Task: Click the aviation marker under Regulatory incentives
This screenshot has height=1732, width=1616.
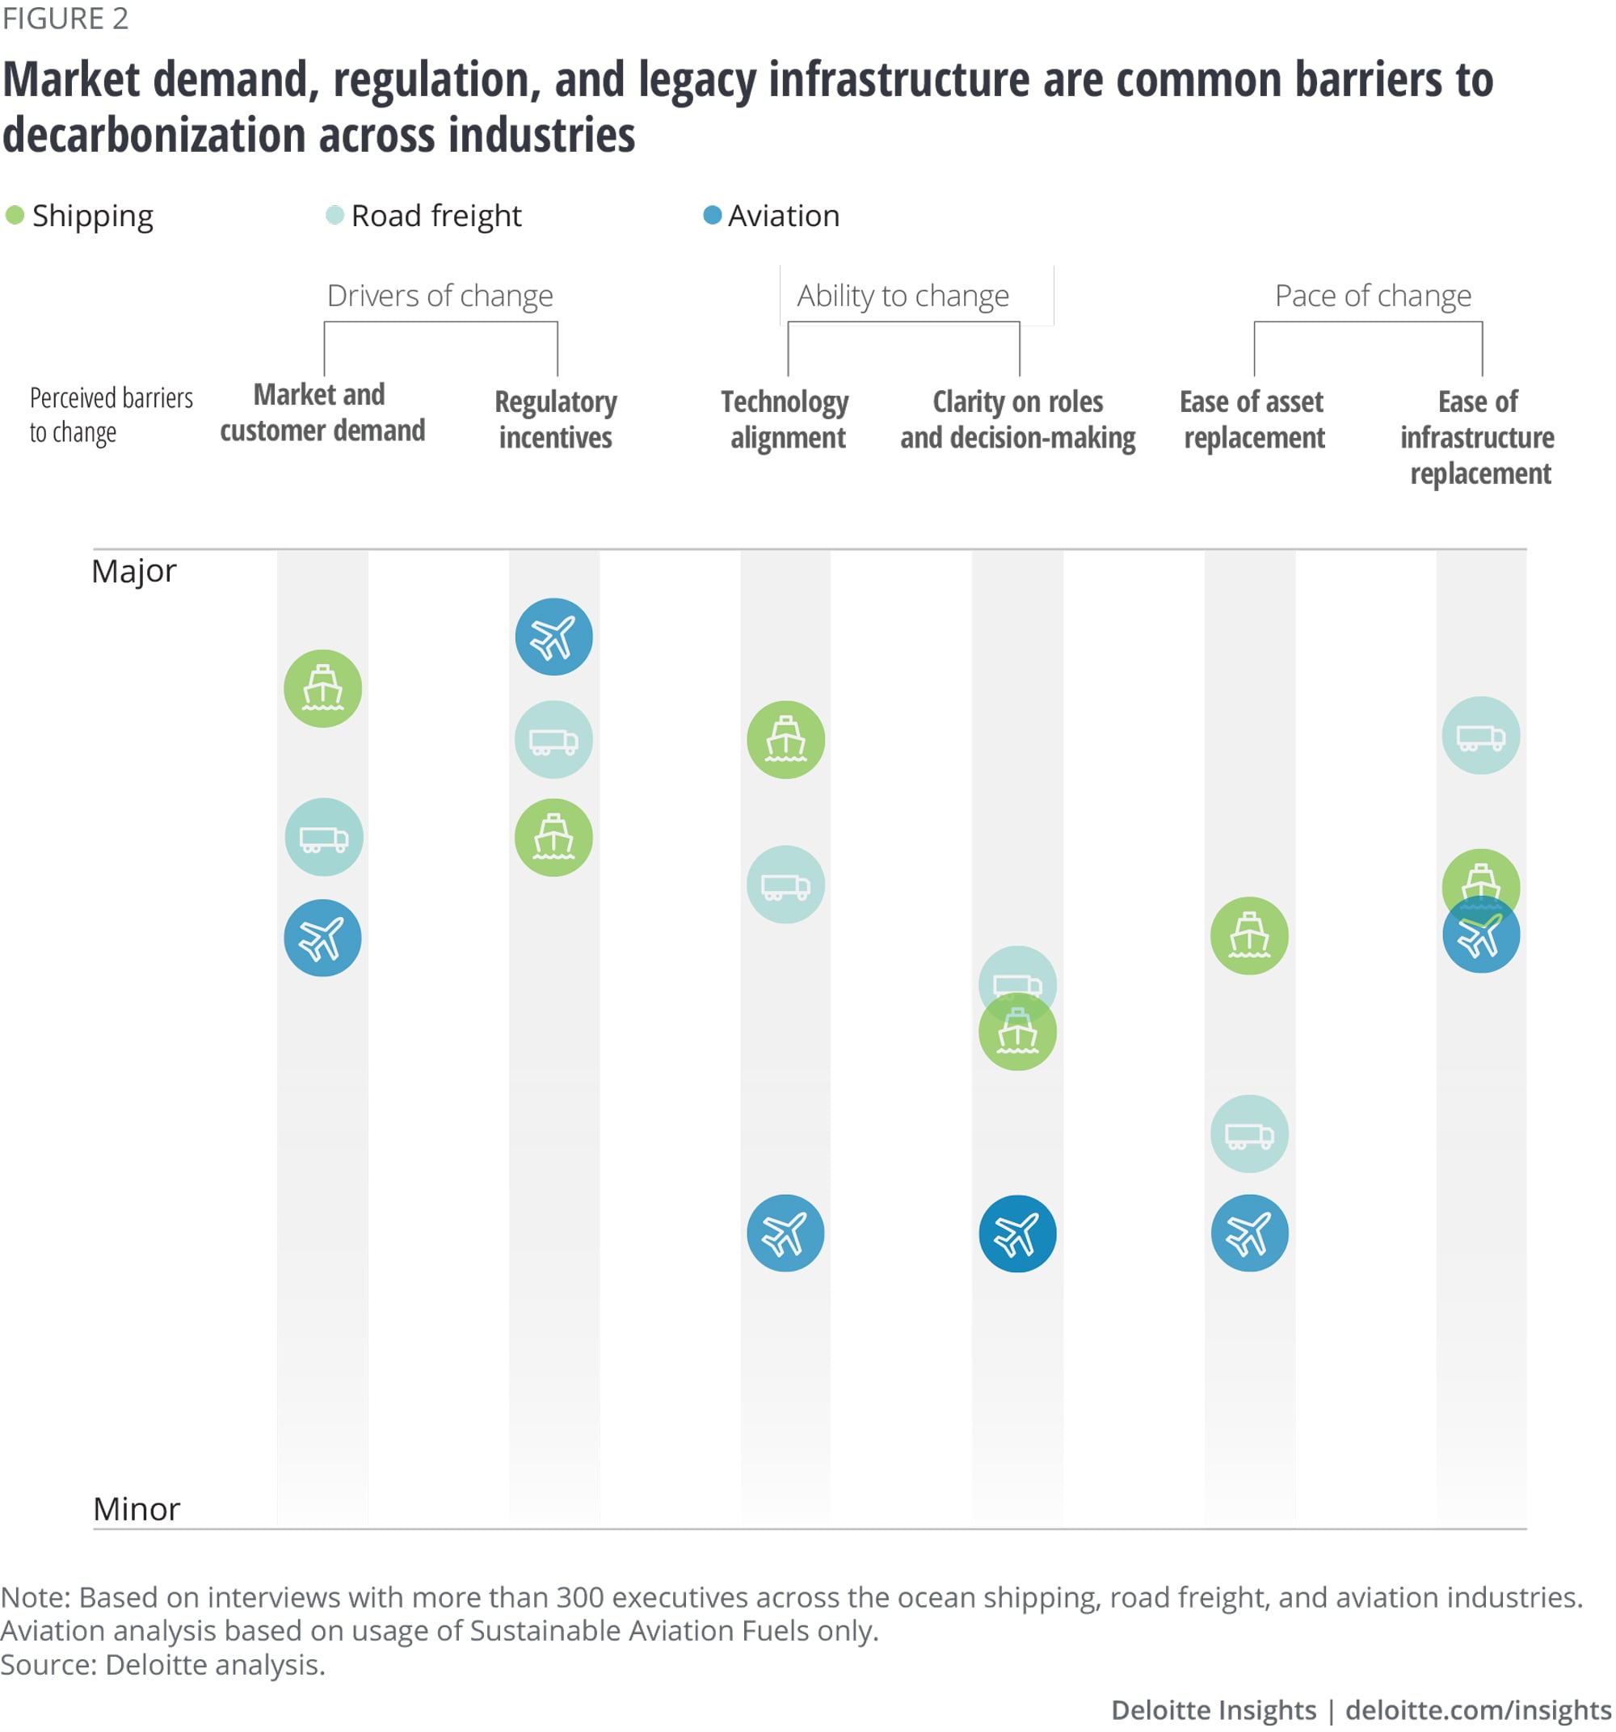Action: tap(553, 637)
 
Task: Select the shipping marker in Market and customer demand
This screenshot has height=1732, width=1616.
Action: tap(322, 688)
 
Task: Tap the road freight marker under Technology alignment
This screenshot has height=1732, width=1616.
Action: tap(785, 885)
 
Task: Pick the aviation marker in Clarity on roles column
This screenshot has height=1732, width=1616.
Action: tap(1017, 1234)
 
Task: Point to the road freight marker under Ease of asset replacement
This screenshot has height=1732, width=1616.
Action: tap(1249, 1133)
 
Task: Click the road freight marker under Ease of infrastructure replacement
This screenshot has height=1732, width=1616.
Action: tap(1481, 735)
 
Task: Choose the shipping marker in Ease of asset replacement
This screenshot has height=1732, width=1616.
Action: tap(1249, 935)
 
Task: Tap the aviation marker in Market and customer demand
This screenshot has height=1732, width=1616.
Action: tap(322, 939)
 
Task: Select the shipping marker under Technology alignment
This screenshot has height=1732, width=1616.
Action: tap(785, 740)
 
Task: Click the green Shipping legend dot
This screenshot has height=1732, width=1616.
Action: tap(15, 215)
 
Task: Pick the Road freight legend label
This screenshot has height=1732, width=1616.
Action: tap(436, 216)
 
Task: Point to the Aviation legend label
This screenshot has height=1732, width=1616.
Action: tap(784, 216)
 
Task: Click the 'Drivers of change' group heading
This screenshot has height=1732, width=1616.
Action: tap(440, 296)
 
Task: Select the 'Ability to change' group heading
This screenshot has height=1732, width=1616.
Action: tap(903, 296)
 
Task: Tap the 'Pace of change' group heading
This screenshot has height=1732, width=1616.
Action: tap(1373, 296)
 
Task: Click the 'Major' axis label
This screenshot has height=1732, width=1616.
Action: tap(134, 571)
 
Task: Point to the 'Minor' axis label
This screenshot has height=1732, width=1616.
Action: tap(137, 1509)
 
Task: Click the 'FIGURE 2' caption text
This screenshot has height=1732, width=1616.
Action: tap(65, 19)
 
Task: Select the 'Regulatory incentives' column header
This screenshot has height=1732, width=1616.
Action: tap(555, 419)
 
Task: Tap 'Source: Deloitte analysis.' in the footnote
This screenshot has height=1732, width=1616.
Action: tap(163, 1665)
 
